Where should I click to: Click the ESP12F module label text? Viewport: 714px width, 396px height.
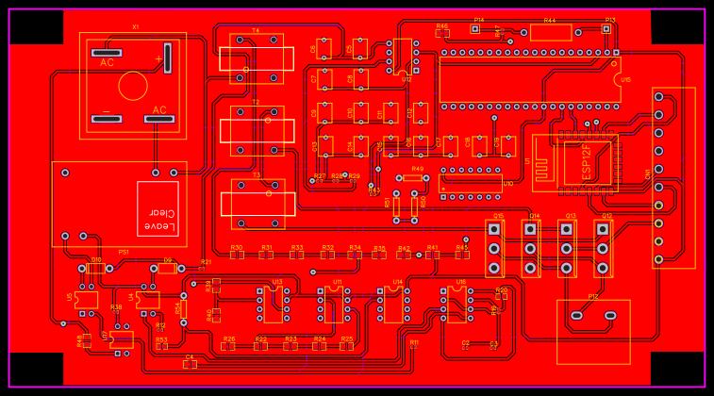tap(586, 160)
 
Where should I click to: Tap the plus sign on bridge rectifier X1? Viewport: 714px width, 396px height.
tap(158, 58)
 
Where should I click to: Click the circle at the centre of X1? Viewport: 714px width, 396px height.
tap(133, 86)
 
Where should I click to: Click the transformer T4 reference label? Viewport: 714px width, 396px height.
tap(256, 30)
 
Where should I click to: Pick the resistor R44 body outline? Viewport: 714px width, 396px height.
tap(549, 32)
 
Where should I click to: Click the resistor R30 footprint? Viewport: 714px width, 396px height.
tap(237, 255)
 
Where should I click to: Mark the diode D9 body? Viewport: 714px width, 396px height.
tap(167, 268)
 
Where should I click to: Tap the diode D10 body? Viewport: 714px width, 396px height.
tap(95, 268)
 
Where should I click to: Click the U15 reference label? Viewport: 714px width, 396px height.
tap(625, 80)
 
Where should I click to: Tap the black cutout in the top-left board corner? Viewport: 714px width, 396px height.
tap(36, 27)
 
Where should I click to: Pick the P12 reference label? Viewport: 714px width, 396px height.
tap(592, 296)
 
